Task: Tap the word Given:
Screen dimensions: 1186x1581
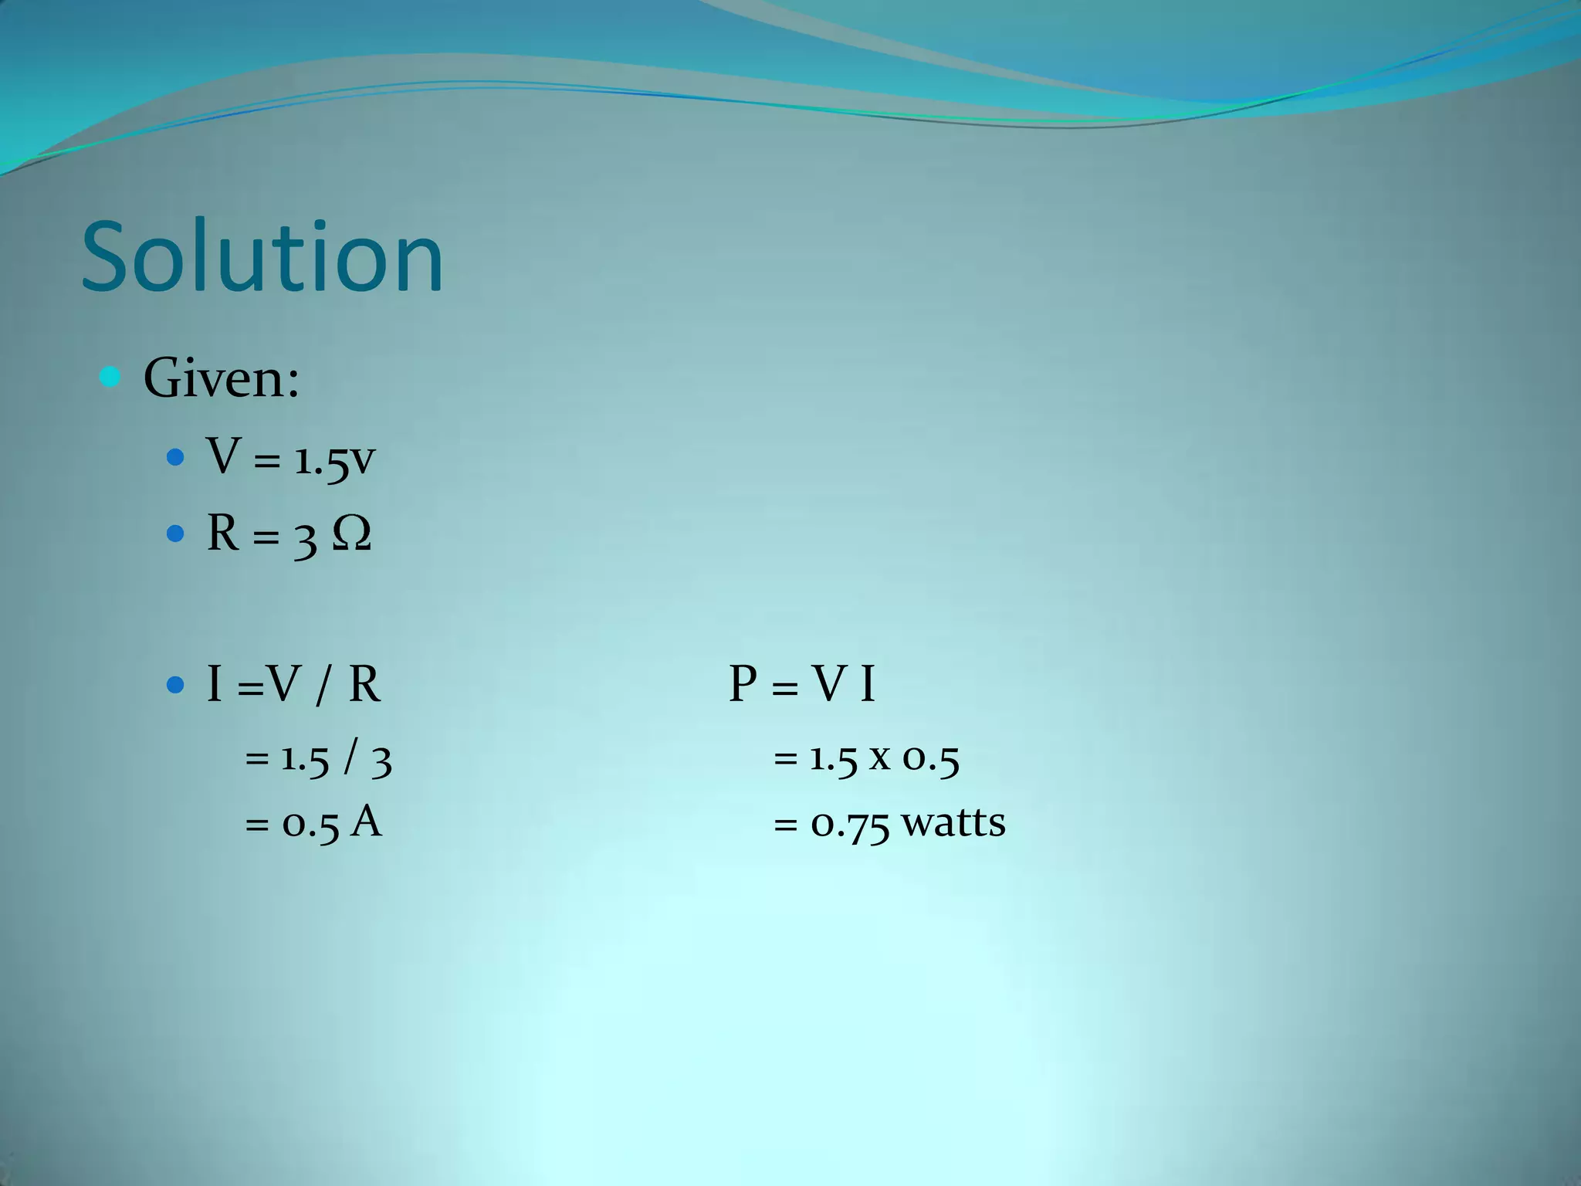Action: point(222,378)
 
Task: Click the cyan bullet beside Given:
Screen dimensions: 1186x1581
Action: point(110,377)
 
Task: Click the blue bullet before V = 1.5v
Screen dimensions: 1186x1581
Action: point(175,458)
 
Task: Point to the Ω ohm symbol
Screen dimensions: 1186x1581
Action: point(352,534)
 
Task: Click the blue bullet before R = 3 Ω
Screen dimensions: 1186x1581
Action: point(175,533)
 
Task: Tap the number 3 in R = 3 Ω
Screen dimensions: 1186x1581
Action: point(305,538)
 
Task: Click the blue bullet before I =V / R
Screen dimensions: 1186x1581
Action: point(175,684)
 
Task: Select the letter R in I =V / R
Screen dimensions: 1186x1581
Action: point(364,684)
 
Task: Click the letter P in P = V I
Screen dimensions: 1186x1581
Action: point(743,684)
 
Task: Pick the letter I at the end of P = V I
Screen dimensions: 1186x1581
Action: point(868,684)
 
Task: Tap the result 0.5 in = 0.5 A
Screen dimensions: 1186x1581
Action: point(310,824)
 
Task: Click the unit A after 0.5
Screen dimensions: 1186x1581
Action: point(366,822)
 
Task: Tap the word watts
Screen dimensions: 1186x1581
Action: point(954,822)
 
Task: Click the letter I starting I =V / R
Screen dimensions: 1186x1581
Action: point(215,684)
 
